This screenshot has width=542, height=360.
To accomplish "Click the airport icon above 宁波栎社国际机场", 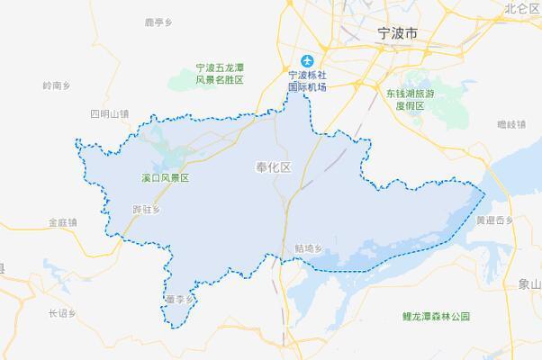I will [x=307, y=60].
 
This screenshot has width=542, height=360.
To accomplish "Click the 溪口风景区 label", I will [x=166, y=178].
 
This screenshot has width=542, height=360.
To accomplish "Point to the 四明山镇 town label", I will [x=110, y=114].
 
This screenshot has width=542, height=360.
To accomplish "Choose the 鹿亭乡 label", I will [x=157, y=22].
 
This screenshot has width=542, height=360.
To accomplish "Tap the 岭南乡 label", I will [x=56, y=85].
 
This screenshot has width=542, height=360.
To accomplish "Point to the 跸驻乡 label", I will [x=145, y=209].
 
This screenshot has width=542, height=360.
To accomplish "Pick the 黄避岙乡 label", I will [x=494, y=220].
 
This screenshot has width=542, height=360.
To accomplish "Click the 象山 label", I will [x=529, y=283].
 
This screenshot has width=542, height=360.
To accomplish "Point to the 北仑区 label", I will [x=521, y=8].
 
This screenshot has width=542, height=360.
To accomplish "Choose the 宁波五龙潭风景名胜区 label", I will [x=221, y=74].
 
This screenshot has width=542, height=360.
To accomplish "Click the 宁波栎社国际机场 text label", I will [x=306, y=81].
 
